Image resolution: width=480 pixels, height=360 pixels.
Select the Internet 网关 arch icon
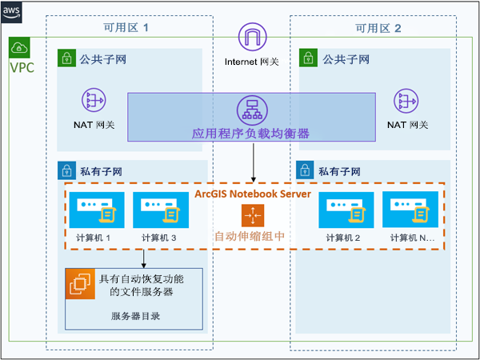(253, 38)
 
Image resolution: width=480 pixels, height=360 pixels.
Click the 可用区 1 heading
(126, 28)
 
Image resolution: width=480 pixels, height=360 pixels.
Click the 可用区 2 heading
(378, 28)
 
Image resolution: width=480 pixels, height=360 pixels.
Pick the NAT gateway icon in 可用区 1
(94, 101)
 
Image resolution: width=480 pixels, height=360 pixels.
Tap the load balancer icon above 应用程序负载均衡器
(250, 109)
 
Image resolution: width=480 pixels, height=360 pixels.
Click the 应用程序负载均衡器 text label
(250, 133)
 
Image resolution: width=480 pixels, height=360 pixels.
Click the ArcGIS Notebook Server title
(252, 194)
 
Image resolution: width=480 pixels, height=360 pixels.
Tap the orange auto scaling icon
(252, 215)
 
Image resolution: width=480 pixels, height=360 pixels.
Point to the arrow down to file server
(143, 258)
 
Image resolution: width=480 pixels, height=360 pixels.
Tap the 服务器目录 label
(135, 316)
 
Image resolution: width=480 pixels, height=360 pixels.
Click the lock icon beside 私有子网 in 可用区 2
(305, 170)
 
